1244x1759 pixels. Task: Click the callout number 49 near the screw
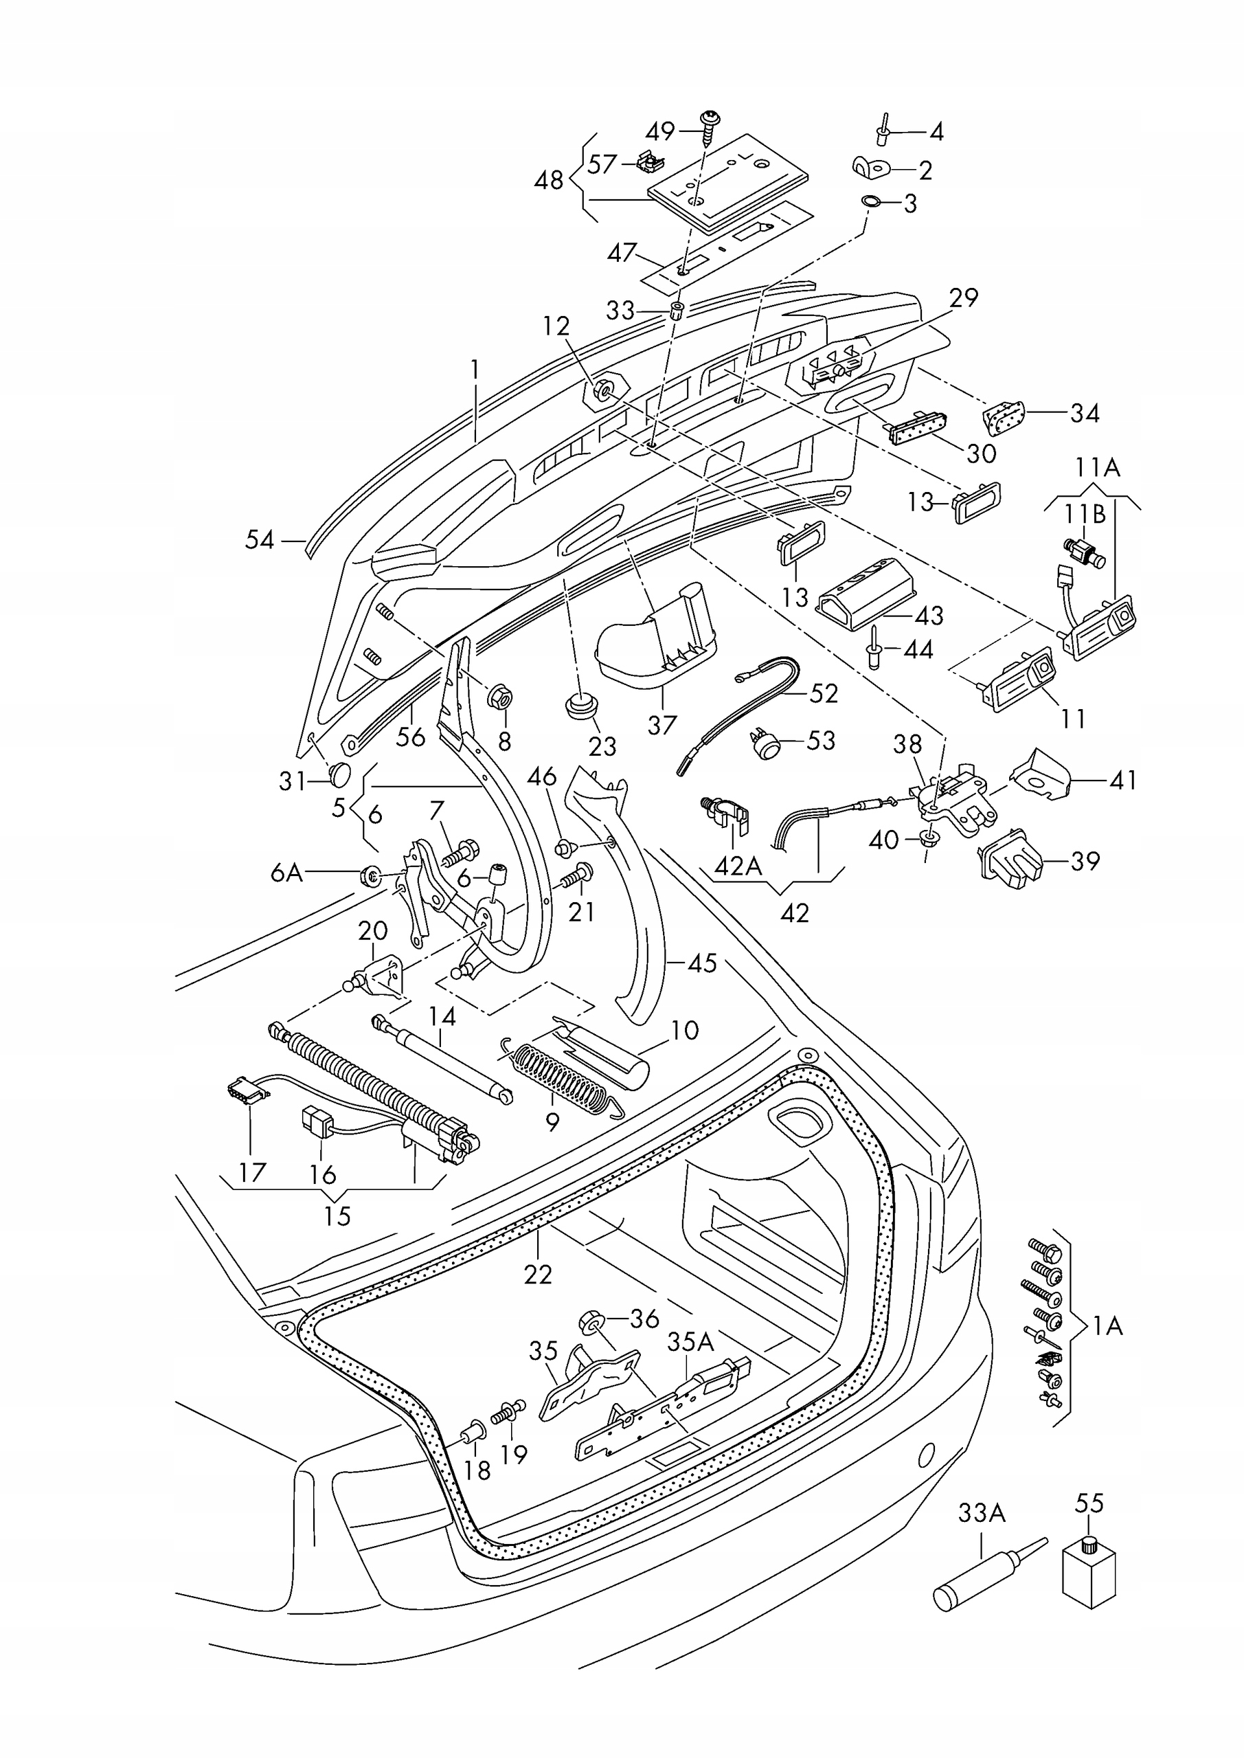tap(659, 132)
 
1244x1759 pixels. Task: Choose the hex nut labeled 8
tap(499, 698)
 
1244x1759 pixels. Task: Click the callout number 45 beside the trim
tap(701, 963)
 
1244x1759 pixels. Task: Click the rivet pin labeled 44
tap(874, 646)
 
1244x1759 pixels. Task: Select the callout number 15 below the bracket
tap(337, 1215)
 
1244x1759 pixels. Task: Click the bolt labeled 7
tap(460, 851)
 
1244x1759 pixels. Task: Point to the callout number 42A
tap(738, 865)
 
